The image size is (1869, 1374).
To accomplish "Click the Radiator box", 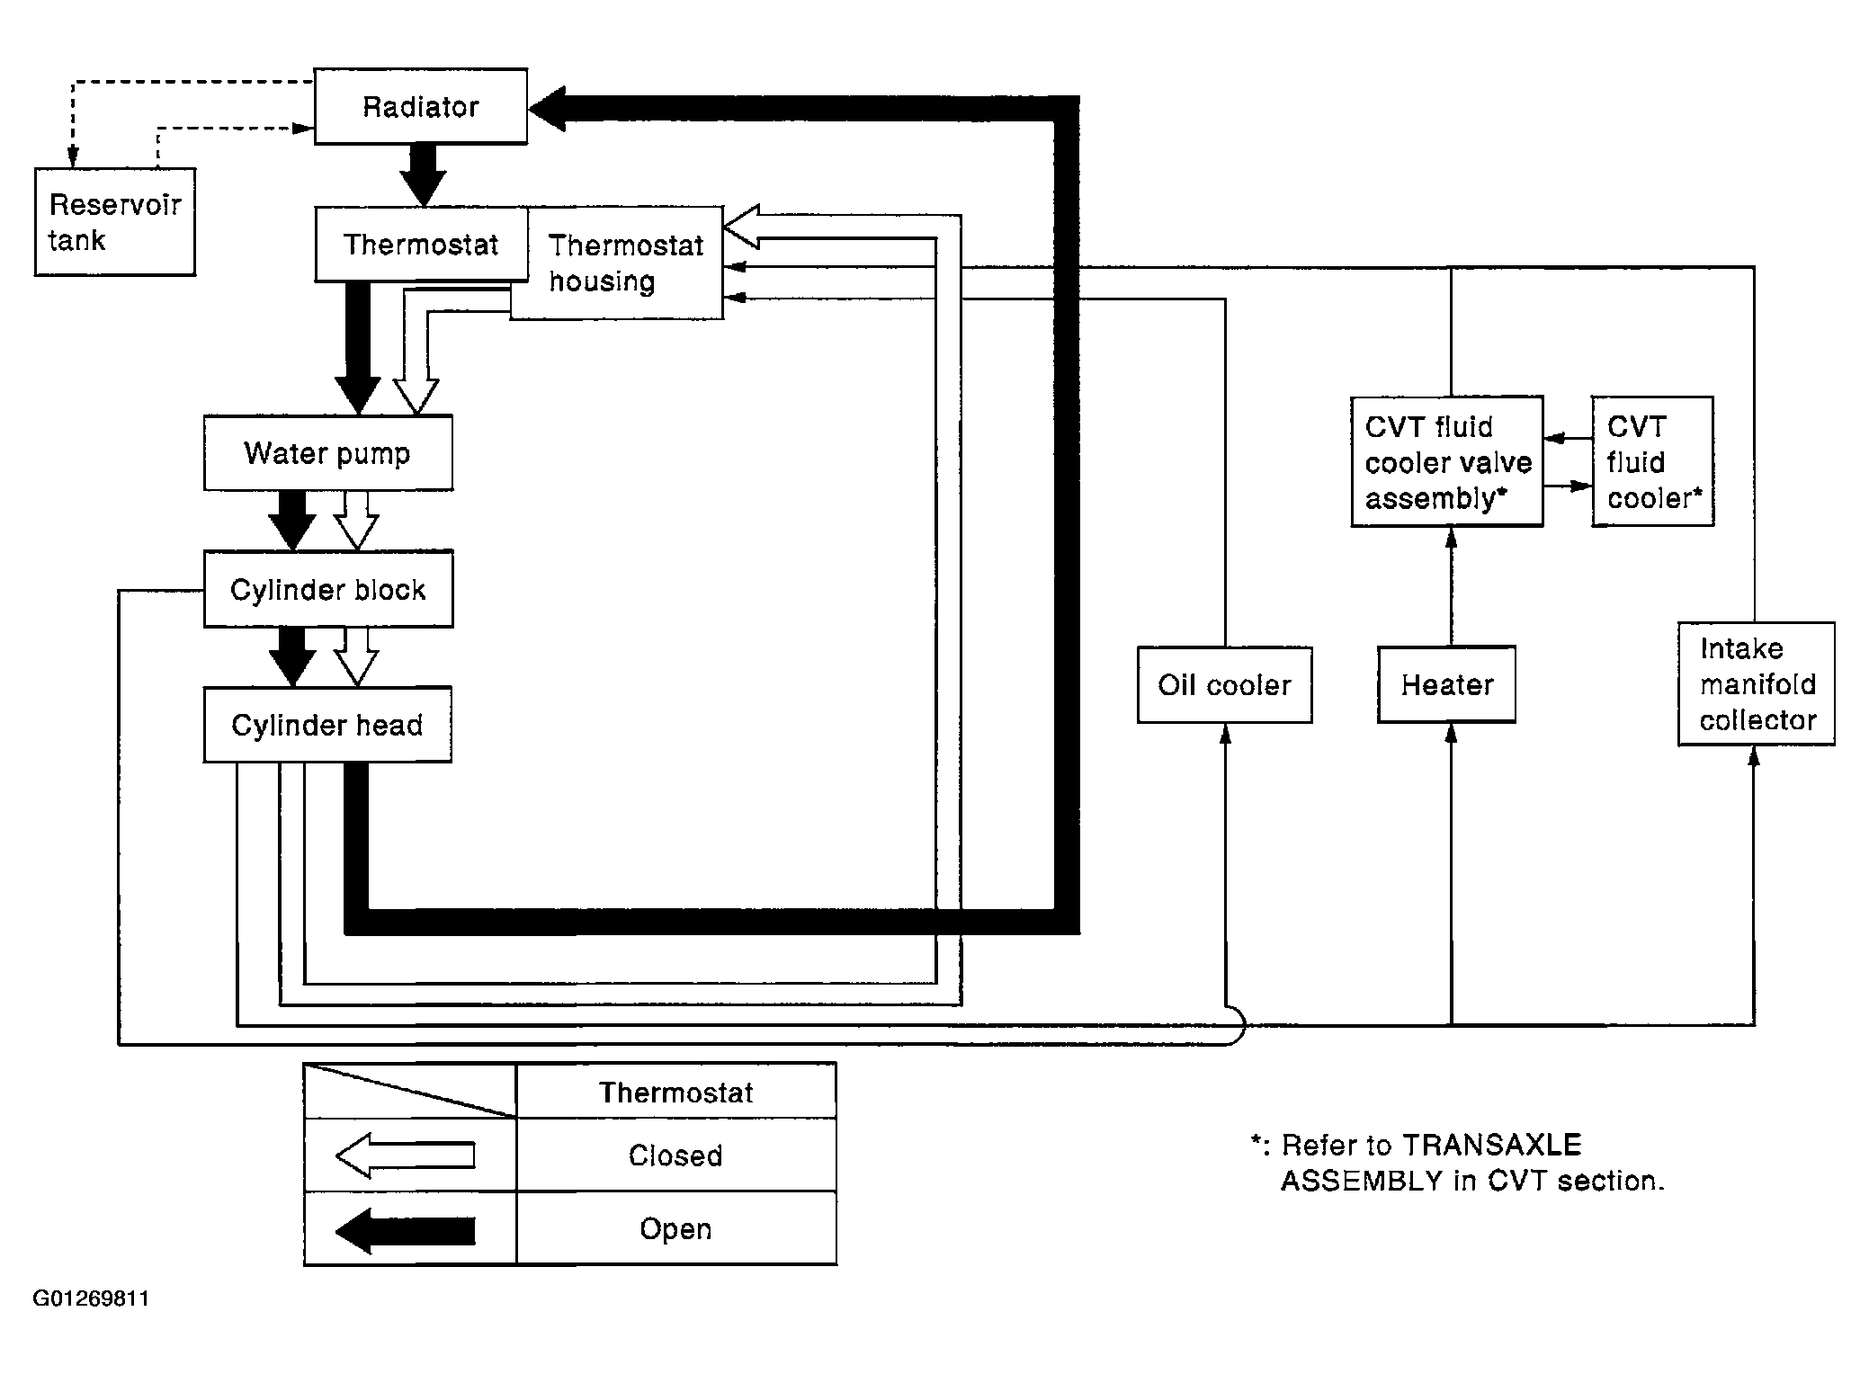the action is click(420, 106).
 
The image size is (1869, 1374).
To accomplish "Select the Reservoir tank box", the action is click(115, 221).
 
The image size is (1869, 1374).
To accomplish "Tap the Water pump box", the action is click(328, 452).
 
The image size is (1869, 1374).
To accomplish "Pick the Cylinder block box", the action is click(328, 589).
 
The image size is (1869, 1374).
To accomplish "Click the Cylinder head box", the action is click(327, 725).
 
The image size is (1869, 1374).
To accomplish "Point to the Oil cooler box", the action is click(1224, 684).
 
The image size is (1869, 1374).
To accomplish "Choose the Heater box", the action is click(1446, 684).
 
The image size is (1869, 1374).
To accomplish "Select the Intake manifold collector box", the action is click(1756, 683).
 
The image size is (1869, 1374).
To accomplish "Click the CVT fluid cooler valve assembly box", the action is click(1447, 461).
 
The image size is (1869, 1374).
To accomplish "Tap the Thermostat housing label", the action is click(626, 263).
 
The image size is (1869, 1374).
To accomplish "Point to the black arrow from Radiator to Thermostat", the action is click(423, 174).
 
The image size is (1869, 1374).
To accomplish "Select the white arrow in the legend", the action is click(405, 1155).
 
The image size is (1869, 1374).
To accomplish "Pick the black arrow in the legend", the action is click(405, 1229).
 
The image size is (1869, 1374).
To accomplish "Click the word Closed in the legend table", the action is click(675, 1155).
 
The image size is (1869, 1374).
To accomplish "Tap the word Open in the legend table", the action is click(675, 1229).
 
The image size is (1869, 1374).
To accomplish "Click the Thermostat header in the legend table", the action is click(675, 1093).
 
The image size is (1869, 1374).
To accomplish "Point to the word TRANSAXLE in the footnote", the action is click(1491, 1145).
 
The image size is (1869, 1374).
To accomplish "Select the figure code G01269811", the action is click(91, 1298).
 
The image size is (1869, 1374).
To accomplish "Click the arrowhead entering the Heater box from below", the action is click(1451, 733).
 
